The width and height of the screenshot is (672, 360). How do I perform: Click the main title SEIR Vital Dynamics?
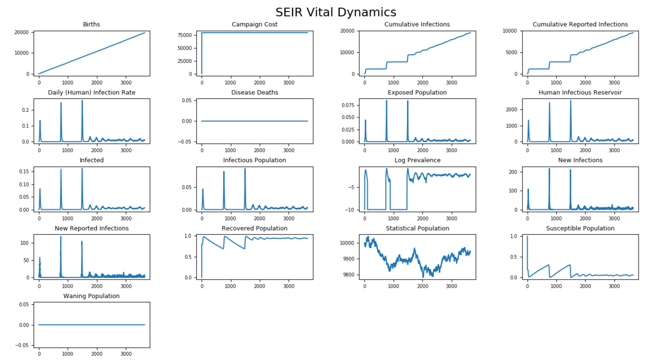(x=336, y=12)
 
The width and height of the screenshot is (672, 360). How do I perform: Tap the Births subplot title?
(x=92, y=24)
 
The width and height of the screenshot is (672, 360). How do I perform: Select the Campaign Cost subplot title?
(x=254, y=24)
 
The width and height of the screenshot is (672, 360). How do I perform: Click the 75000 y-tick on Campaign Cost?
(x=185, y=35)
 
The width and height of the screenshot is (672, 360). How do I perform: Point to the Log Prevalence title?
(x=417, y=160)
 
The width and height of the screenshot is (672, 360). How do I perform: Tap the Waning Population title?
(x=92, y=296)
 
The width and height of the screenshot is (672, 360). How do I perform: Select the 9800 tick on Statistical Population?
(x=347, y=275)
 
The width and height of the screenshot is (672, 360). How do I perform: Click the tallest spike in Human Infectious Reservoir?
(x=570, y=101)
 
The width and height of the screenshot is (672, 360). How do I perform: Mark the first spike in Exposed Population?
(x=365, y=121)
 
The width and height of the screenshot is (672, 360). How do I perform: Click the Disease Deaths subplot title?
(x=254, y=92)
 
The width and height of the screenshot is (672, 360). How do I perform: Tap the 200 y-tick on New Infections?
(x=513, y=172)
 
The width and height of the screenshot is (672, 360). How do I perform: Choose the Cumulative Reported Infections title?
(x=580, y=24)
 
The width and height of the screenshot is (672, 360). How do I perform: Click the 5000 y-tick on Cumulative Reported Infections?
(x=511, y=52)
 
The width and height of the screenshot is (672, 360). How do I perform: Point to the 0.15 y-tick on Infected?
(x=24, y=172)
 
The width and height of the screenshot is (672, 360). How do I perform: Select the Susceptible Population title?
(x=580, y=228)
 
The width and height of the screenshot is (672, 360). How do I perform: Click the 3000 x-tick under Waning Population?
(x=126, y=354)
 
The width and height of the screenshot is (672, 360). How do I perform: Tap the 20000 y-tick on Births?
(x=21, y=32)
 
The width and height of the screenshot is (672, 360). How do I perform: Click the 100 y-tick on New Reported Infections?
(x=24, y=243)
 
